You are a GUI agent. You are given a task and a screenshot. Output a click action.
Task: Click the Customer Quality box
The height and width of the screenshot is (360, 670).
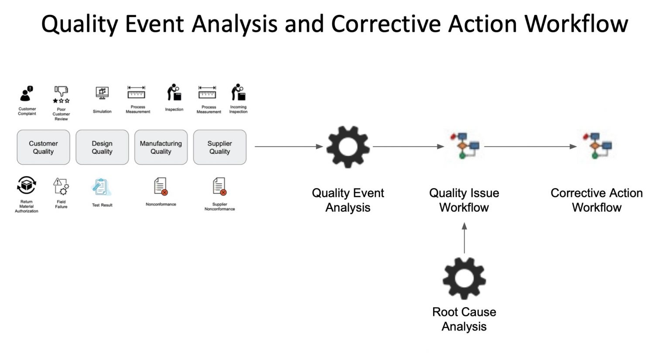pos(43,147)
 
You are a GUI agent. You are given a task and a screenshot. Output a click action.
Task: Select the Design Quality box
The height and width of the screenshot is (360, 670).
pos(102,147)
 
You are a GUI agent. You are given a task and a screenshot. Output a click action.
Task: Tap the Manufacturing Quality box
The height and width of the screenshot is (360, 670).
pos(161,147)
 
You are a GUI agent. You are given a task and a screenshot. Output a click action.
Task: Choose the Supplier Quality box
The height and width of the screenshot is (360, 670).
pos(219,147)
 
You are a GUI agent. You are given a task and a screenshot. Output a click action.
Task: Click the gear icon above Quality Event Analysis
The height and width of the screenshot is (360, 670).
pos(348,147)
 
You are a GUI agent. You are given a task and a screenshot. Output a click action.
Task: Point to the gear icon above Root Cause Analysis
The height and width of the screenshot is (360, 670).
pos(464,278)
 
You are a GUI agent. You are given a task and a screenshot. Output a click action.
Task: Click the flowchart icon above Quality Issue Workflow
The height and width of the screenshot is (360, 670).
pos(464,145)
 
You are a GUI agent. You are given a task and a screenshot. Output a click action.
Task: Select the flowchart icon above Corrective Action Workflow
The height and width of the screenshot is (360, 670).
pos(597,145)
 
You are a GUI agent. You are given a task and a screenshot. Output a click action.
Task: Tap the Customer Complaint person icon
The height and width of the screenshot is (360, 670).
pos(27,94)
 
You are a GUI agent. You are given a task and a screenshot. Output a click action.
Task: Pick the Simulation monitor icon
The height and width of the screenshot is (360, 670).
pos(102,93)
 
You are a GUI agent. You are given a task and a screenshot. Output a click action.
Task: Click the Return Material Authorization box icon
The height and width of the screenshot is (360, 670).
pos(26,185)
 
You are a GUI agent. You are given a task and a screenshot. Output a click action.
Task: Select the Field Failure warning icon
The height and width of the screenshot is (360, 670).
pos(61,186)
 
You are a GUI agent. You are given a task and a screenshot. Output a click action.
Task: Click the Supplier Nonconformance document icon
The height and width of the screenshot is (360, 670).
pos(219,186)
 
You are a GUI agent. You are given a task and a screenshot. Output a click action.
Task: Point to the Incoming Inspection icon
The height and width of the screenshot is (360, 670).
pos(238,93)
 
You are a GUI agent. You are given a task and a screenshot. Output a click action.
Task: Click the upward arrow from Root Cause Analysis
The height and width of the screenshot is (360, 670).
pos(464,238)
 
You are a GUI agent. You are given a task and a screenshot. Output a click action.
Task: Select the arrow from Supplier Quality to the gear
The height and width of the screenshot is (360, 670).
pos(288,147)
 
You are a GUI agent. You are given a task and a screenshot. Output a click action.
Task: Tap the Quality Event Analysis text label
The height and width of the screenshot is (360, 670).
pos(348,200)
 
